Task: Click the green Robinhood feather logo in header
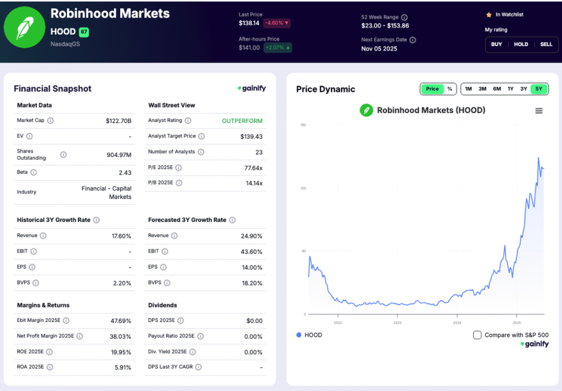click(24, 27)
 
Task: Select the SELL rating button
click(546, 44)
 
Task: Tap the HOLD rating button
click(521, 44)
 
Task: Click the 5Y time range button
click(538, 89)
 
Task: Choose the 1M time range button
click(468, 89)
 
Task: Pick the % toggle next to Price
click(449, 89)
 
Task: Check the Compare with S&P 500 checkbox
click(477, 335)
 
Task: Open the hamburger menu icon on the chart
click(538, 111)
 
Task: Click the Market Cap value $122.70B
click(119, 120)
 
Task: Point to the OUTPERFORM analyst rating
click(242, 121)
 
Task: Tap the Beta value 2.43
click(125, 172)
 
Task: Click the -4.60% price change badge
click(277, 23)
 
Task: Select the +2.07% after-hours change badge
click(278, 48)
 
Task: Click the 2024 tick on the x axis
click(457, 323)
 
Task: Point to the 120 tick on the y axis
click(302, 188)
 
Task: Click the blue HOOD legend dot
click(299, 335)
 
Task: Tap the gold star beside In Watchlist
click(488, 15)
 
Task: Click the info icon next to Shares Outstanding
click(63, 155)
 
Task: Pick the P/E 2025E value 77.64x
click(253, 167)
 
